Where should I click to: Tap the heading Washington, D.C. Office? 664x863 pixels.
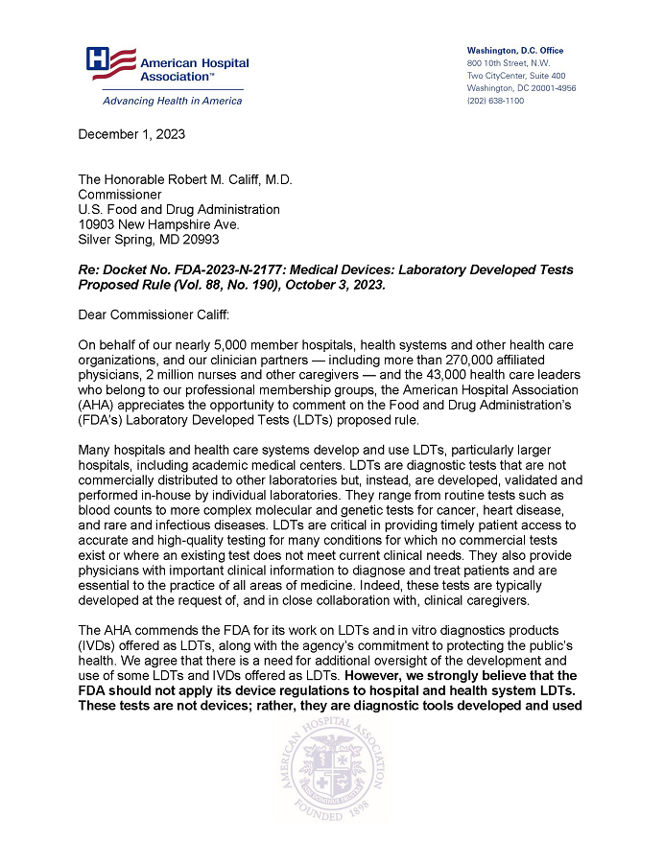coord(514,50)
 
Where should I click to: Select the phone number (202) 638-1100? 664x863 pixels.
coord(495,100)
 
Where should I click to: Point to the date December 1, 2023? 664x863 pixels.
coord(131,134)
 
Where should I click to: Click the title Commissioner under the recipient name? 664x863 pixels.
coord(119,195)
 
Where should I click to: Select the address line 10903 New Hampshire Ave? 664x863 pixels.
coord(158,224)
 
